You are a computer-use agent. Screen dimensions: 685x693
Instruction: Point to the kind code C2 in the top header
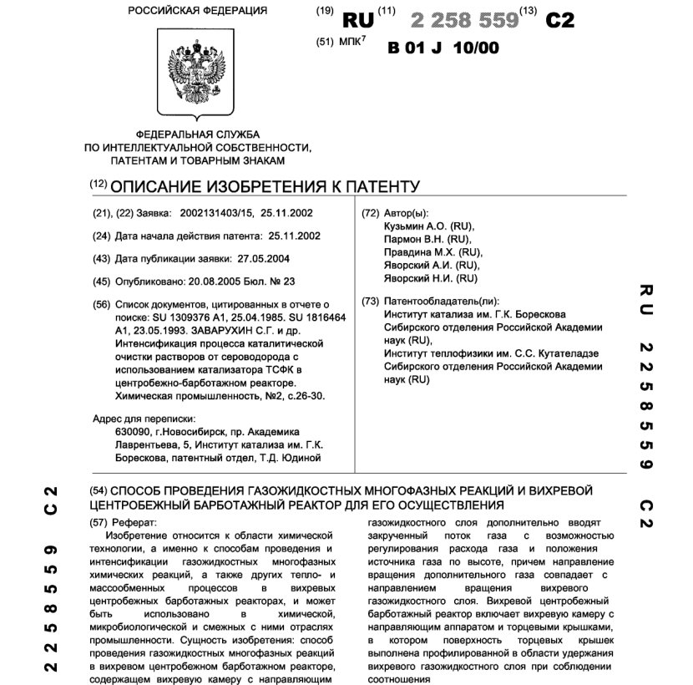[559, 21]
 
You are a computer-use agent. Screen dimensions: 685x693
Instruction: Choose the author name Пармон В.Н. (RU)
[425, 240]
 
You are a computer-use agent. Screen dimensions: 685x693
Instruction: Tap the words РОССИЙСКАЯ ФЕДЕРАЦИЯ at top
[198, 11]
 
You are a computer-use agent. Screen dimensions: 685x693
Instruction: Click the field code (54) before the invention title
[99, 490]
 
